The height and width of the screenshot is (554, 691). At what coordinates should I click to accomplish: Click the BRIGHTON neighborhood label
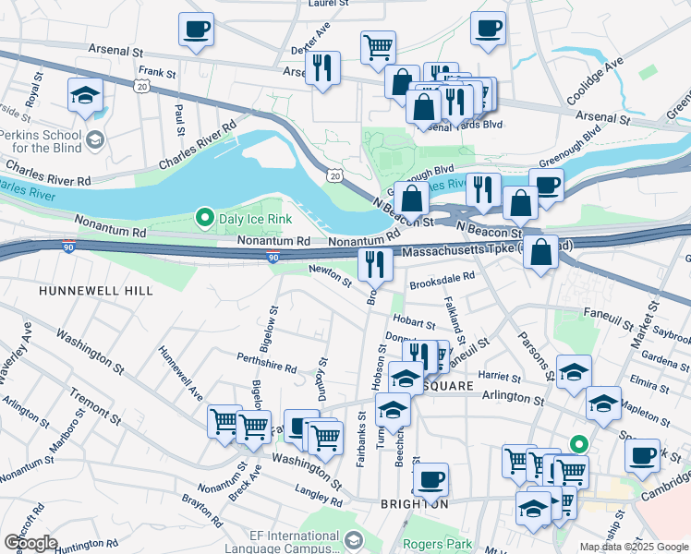click(x=415, y=504)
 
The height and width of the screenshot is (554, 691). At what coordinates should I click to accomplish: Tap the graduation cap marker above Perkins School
click(x=85, y=95)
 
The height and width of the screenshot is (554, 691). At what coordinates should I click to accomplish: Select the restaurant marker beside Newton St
click(x=375, y=264)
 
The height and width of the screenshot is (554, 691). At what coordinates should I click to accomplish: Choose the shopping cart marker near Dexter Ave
click(x=378, y=45)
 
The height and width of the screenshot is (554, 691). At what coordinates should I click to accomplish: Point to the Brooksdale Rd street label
click(x=442, y=276)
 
